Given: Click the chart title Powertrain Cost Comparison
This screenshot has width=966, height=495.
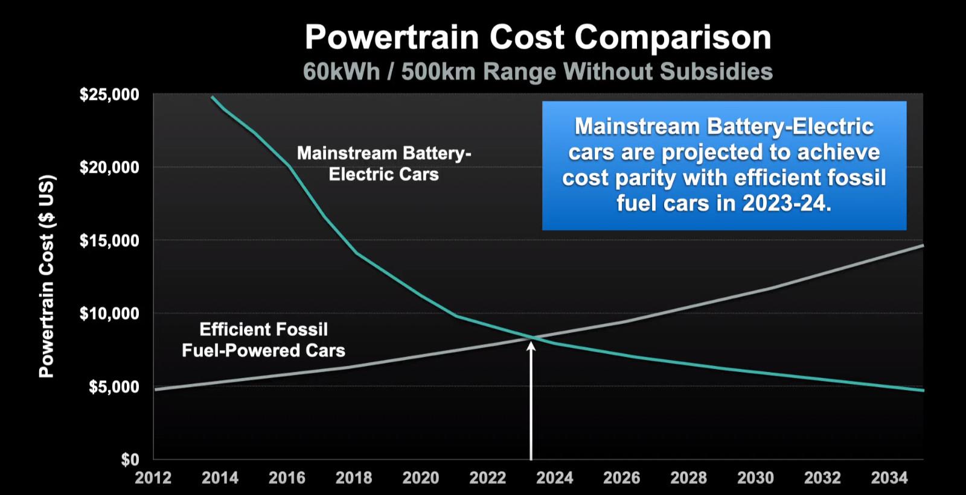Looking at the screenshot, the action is [x=538, y=37].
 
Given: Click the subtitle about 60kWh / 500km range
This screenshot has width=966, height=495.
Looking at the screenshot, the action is [x=538, y=71].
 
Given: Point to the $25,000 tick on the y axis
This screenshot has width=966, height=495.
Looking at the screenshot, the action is [x=109, y=94].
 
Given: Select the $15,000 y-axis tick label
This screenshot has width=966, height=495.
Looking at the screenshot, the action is [x=109, y=241].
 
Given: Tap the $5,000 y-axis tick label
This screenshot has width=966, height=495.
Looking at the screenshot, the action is [x=114, y=387].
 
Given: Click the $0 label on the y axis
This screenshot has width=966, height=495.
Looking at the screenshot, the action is [x=130, y=459].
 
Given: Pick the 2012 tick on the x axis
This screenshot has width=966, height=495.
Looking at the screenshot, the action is [x=153, y=478].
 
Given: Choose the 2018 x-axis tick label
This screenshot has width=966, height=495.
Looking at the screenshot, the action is [x=354, y=478].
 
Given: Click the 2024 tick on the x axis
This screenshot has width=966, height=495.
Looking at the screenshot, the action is [x=555, y=478].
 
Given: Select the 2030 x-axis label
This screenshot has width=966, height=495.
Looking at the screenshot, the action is [x=755, y=478].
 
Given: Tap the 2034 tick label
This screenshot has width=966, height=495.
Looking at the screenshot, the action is [x=889, y=478].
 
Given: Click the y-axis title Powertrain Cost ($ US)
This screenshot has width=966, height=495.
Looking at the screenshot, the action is [x=47, y=277].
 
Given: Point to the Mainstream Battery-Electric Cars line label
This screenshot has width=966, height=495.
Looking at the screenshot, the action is [x=384, y=164].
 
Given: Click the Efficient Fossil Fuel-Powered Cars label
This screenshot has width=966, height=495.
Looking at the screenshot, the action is [x=263, y=340].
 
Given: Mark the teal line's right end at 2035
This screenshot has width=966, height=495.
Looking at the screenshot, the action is [x=923, y=390].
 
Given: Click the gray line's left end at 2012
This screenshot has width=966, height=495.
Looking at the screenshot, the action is [x=155, y=389].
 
